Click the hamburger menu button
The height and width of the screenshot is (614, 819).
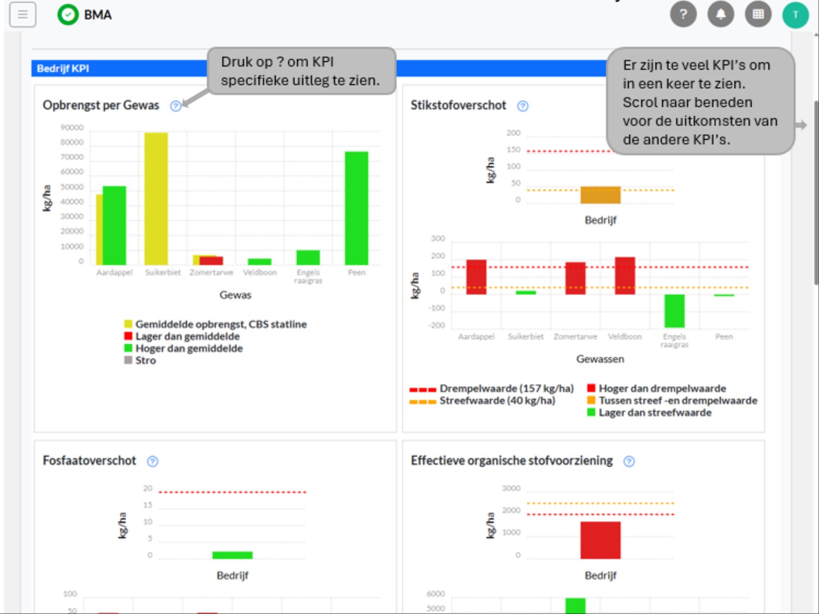click(22, 15)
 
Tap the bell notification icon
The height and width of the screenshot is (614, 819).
click(721, 14)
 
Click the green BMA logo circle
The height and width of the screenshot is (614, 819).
click(68, 15)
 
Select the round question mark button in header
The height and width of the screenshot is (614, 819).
click(683, 14)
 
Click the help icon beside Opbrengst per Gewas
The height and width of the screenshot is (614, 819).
click(175, 106)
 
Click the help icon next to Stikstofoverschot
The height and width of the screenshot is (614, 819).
click(523, 106)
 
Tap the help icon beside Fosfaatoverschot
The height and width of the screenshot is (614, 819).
click(153, 461)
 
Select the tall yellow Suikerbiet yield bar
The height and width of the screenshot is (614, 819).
click(156, 199)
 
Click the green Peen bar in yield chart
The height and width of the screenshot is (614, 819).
click(357, 208)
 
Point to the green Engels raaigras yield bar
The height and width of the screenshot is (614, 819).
click(308, 257)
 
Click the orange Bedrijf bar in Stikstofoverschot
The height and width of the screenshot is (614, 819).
click(600, 195)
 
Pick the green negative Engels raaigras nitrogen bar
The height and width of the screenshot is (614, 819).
click(674, 311)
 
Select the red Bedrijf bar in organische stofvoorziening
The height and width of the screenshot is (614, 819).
click(600, 540)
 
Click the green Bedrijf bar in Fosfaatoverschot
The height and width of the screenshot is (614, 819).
click(232, 555)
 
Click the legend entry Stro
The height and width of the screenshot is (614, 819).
click(145, 360)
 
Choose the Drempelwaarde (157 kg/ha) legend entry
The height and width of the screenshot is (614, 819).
click(506, 389)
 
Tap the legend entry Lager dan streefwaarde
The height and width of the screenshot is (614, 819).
click(655, 413)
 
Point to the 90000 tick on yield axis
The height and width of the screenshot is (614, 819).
click(72, 128)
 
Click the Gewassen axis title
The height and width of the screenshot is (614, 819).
click(600, 359)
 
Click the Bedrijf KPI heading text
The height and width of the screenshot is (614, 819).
click(63, 68)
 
